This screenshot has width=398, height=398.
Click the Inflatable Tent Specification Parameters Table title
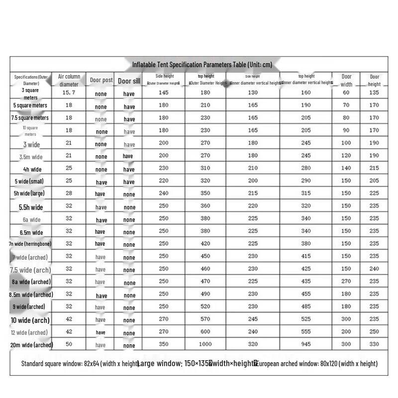(x=202, y=65)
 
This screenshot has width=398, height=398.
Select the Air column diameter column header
(x=69, y=80)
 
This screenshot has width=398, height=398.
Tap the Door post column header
(x=101, y=80)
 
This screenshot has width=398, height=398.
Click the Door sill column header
(x=129, y=81)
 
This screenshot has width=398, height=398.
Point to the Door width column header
(x=346, y=80)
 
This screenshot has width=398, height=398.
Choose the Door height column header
(x=374, y=80)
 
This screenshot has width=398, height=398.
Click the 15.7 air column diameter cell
(x=69, y=93)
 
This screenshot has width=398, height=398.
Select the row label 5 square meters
(x=30, y=105)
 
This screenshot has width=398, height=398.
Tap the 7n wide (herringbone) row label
(x=30, y=244)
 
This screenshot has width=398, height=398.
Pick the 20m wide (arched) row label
(x=31, y=345)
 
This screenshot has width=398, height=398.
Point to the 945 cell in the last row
(x=306, y=344)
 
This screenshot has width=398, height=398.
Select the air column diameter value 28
(x=69, y=194)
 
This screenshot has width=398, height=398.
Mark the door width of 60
(x=346, y=93)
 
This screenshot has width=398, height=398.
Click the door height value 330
(x=374, y=344)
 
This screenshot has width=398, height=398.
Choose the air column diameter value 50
(x=69, y=344)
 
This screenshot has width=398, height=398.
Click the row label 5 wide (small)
(x=30, y=181)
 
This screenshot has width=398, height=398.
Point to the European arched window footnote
(x=317, y=364)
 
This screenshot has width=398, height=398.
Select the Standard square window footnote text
(x=80, y=364)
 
